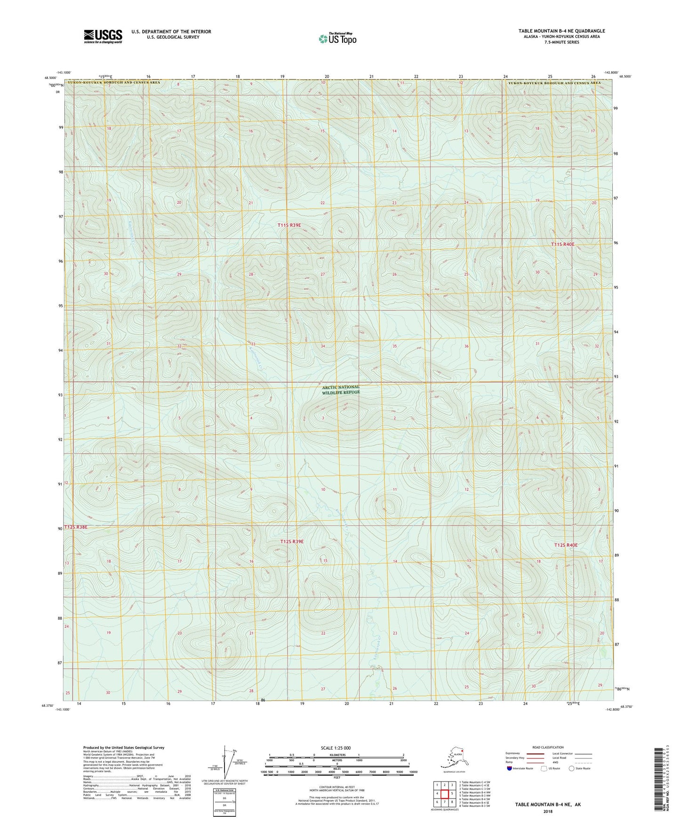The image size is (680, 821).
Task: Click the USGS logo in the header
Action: (103, 36)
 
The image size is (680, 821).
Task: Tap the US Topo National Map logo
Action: (337, 38)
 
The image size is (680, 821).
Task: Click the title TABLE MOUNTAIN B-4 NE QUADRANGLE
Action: (561, 31)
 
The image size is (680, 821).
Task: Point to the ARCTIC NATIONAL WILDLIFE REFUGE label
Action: (341, 389)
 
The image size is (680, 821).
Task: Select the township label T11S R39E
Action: (289, 225)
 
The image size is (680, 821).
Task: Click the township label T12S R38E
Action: (76, 527)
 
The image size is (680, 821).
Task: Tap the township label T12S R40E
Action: (565, 545)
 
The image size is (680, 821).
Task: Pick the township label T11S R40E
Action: (563, 245)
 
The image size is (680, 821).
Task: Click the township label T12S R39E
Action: (292, 542)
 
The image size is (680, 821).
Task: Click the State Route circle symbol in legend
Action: (571, 768)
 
